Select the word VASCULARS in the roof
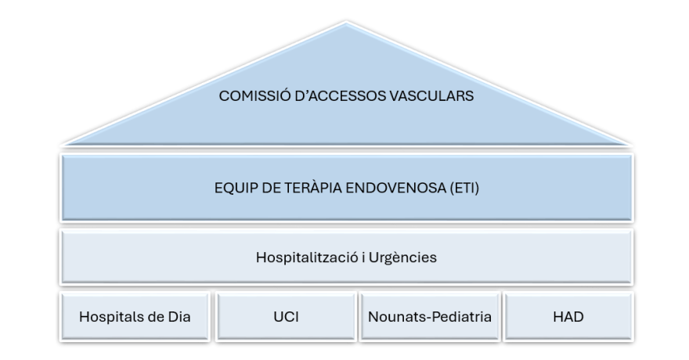pyautogui.click(x=430, y=95)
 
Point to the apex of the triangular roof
pyautogui.click(x=346, y=23)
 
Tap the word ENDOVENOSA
pyautogui.click(x=396, y=188)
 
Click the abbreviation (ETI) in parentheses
pyautogui.click(x=464, y=188)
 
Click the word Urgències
pyautogui.click(x=402, y=257)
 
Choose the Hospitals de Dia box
pyautogui.click(x=135, y=316)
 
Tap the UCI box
pyautogui.click(x=286, y=316)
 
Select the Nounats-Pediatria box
pyautogui.click(x=430, y=316)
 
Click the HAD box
pyautogui.click(x=568, y=316)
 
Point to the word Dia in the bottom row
pyautogui.click(x=179, y=316)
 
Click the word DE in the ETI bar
pyautogui.click(x=270, y=188)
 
